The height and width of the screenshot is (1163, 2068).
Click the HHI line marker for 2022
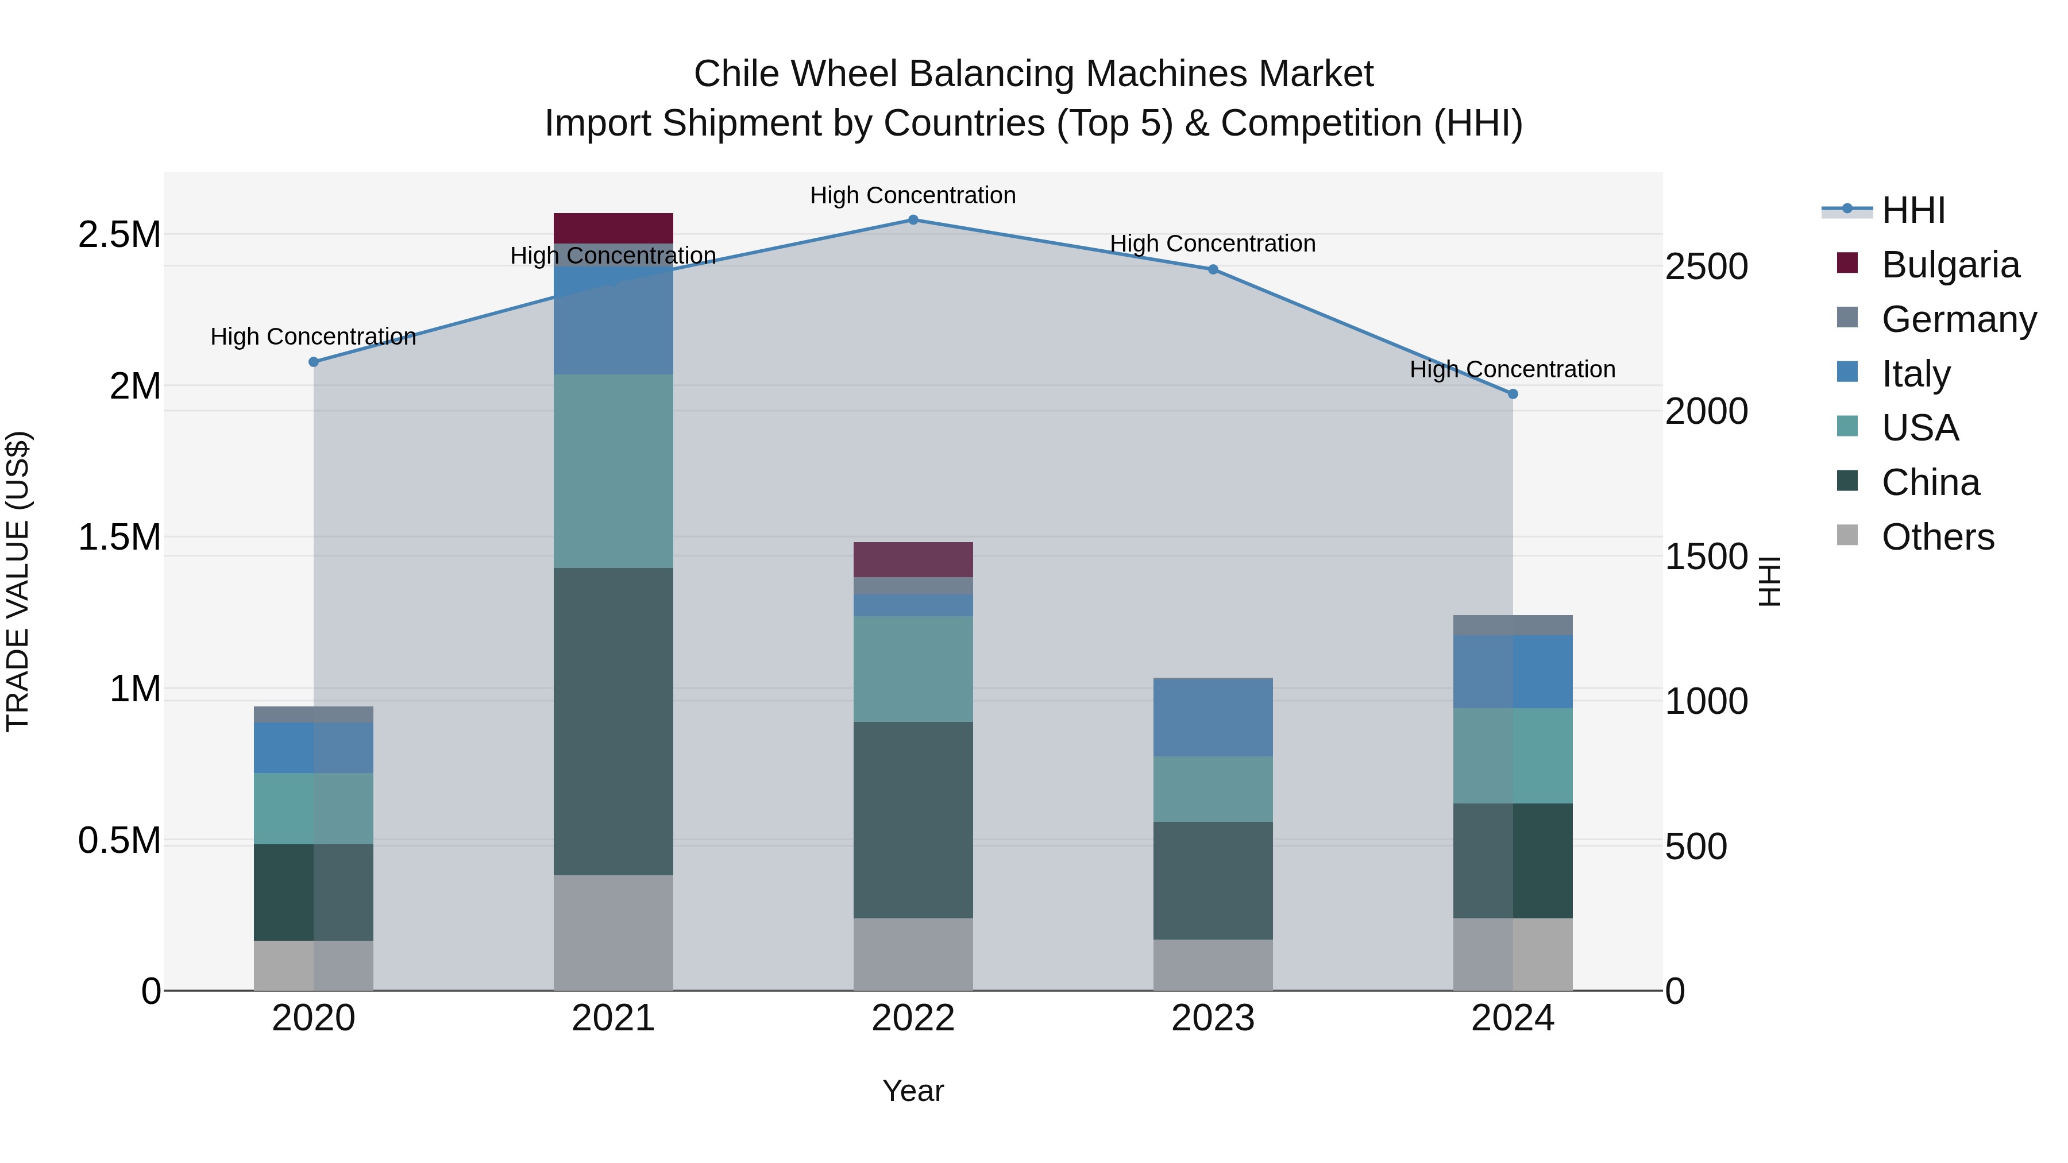(913, 220)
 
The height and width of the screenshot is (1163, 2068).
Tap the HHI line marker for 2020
(314, 362)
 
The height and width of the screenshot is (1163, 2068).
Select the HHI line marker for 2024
(1513, 394)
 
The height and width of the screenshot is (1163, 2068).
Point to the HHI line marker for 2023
(1213, 270)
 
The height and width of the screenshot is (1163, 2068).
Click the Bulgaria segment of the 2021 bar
(614, 228)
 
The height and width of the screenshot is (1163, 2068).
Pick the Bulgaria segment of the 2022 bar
(913, 559)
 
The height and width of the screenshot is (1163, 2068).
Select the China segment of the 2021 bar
(614, 721)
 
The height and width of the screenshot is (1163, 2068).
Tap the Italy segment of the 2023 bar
(1213, 717)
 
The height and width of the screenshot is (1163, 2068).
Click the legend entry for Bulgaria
(1950, 265)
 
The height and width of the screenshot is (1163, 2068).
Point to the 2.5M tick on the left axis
(119, 235)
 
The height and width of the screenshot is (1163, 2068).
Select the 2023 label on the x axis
(1213, 1018)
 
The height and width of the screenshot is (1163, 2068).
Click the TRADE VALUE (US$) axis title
(18, 581)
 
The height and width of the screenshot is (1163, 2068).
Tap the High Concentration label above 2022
(913, 195)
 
